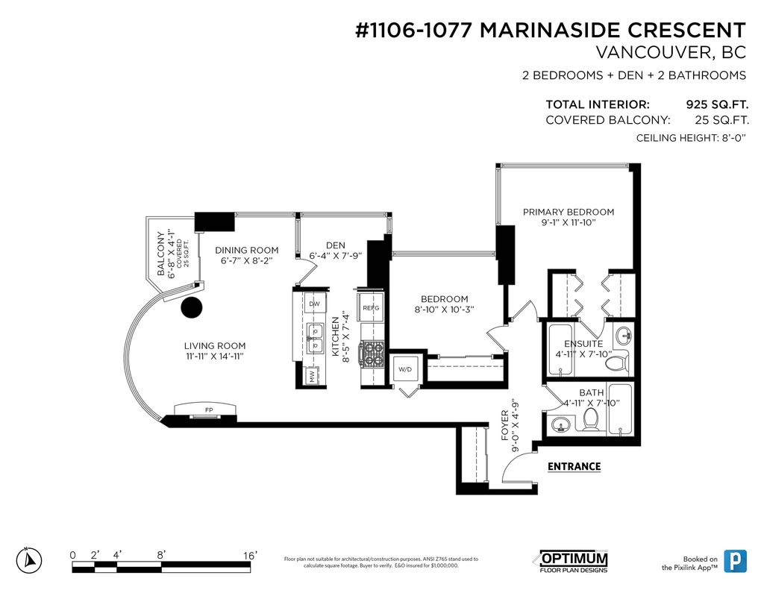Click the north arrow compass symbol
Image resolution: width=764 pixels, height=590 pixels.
29,560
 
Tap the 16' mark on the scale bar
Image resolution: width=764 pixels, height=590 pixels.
250,556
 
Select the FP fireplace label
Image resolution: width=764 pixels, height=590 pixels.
209,409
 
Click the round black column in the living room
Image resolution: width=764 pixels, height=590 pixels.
192,307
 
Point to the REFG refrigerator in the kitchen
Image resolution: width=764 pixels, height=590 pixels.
371,307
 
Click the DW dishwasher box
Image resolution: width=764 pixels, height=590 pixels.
314,304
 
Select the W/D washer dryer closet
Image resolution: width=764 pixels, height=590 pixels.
405,369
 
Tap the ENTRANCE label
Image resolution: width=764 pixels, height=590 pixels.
574,467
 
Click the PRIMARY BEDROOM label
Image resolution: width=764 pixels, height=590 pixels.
568,212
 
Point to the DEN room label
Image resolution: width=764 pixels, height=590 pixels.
336,245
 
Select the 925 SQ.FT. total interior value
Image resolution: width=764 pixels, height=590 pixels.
717,104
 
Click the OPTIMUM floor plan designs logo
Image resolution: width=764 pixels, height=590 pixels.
574,562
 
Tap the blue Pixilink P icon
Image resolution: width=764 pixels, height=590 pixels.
735,561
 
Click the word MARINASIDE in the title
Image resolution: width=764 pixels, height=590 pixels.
550,30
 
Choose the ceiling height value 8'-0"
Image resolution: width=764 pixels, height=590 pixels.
733,138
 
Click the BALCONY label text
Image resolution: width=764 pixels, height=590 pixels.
161,254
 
